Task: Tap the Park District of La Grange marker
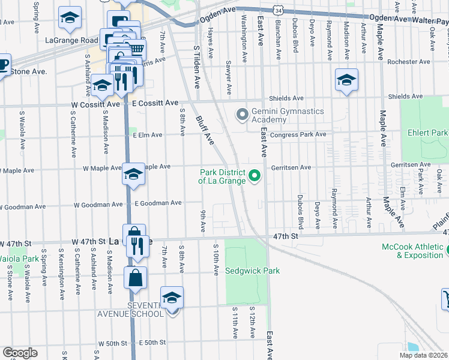pyautogui.click(x=255, y=176)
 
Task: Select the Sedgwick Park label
pyautogui.click(x=252, y=271)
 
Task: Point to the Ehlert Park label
pyautogui.click(x=427, y=133)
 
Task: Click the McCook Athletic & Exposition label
pyautogui.click(x=414, y=251)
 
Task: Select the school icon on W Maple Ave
pyautogui.click(x=133, y=174)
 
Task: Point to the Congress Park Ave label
pyautogui.click(x=298, y=134)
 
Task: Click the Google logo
pyautogui.click(x=20, y=353)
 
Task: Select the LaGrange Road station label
pyautogui.click(x=71, y=41)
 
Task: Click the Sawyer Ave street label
pyautogui.click(x=229, y=77)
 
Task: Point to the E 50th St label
pyautogui.click(x=151, y=343)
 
